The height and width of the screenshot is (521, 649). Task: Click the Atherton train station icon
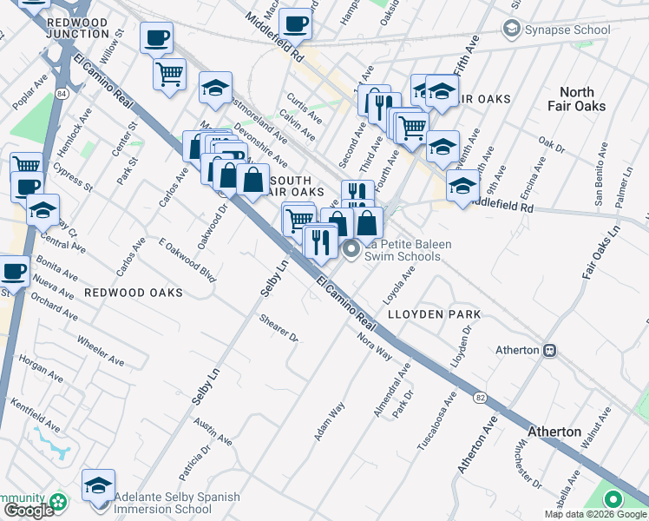click(x=549, y=351)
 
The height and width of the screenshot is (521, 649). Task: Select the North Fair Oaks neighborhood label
click(x=577, y=99)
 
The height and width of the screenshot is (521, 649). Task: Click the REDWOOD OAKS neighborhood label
click(x=134, y=293)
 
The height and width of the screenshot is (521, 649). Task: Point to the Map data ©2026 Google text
click(x=594, y=514)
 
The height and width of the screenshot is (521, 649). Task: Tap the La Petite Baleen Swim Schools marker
click(x=351, y=251)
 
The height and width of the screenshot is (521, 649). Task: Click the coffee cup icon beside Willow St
click(x=157, y=38)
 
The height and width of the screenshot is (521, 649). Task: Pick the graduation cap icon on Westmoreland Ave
click(x=216, y=88)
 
